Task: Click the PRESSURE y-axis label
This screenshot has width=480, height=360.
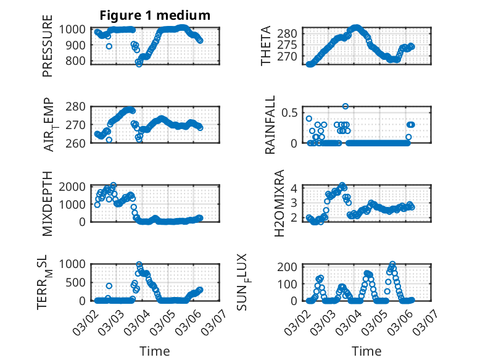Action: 48,51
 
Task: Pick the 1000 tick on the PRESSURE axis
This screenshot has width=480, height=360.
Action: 75,29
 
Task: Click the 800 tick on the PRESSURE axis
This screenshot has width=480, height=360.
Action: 78,61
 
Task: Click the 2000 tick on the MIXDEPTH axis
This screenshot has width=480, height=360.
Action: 75,186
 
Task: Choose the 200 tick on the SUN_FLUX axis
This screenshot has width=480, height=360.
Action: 290,266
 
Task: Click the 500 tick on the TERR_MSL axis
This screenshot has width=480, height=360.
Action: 78,282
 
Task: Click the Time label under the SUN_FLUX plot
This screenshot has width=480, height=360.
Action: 366,351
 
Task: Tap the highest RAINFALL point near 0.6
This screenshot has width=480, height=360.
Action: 346,106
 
